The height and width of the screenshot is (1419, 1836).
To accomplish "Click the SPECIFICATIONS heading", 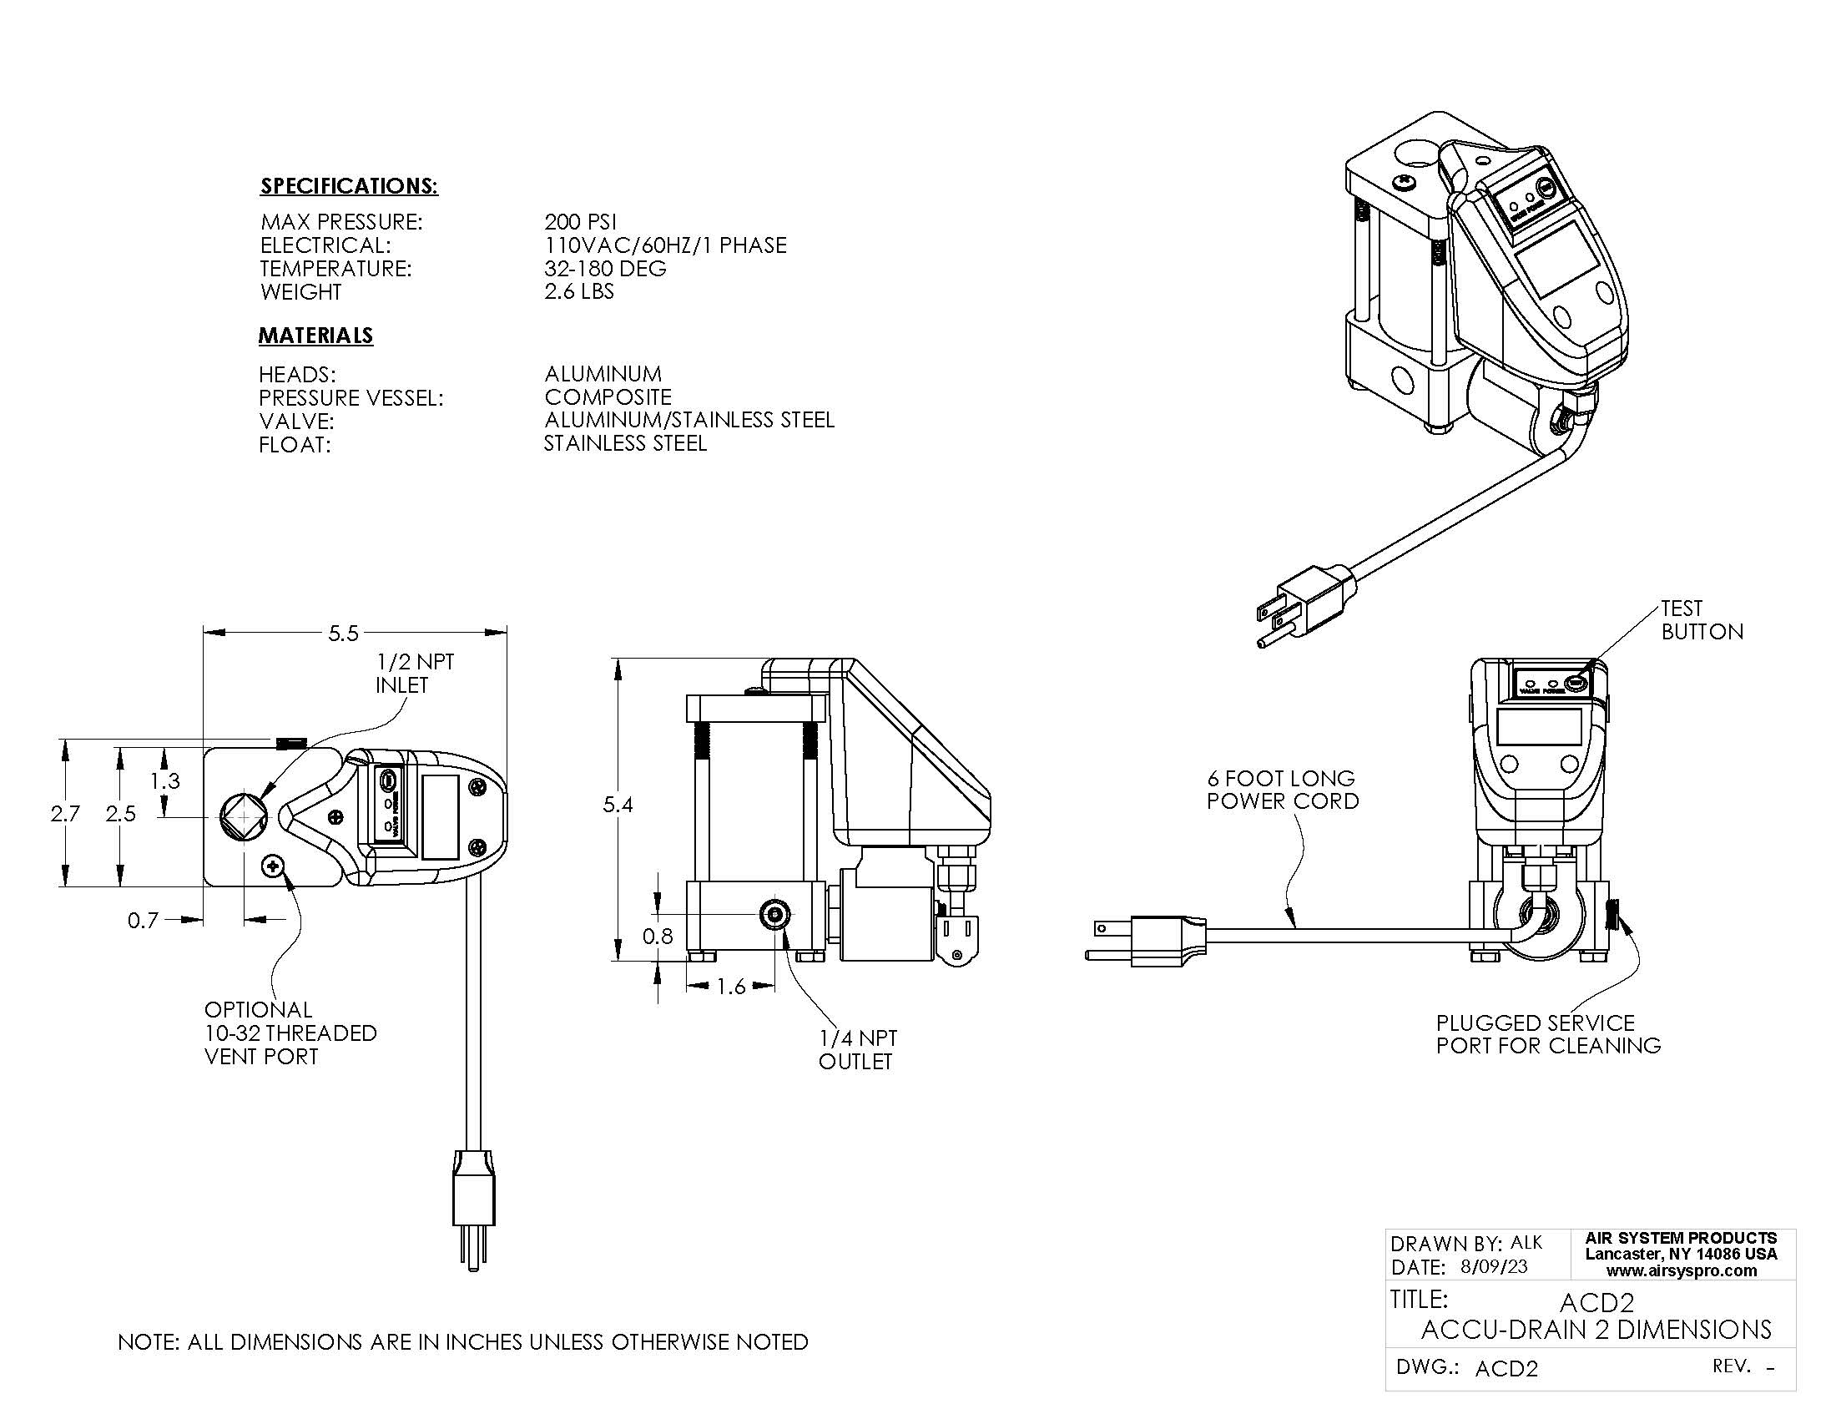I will pos(349,186).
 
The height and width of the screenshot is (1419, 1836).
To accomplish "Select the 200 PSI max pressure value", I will pos(580,222).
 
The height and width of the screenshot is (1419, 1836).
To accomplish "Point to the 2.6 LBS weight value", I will pos(579,291).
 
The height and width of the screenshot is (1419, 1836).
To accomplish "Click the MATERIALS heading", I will pos(315,336).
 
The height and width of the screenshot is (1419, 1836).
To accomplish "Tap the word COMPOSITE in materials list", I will pos(608,396).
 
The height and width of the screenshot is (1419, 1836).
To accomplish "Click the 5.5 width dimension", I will pos(343,633).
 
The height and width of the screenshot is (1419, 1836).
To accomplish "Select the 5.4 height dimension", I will pos(618,805).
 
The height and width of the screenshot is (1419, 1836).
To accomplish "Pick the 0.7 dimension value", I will pos(143,921).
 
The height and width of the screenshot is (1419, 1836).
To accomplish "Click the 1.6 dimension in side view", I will pos(730,987).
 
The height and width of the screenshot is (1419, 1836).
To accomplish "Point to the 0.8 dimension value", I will pos(658,936).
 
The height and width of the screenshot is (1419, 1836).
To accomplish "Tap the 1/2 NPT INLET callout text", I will pos(415,674).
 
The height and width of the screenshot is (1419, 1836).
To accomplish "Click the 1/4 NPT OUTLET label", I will pos(857,1050).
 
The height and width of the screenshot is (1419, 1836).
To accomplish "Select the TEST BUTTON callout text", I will pos(1702,619).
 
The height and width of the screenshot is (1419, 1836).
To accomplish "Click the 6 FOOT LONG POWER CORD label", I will pos(1282,790).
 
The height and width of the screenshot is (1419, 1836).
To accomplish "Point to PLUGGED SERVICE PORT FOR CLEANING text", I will pos(1547,1034).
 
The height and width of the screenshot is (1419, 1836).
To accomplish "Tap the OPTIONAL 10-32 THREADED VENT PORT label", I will pos(290,1033).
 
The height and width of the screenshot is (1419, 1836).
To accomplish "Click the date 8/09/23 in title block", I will pos(1494,1267).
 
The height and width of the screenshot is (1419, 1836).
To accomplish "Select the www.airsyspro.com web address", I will pos(1682,1270).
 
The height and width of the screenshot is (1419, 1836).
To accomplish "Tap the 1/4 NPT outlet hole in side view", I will pos(774,915).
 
